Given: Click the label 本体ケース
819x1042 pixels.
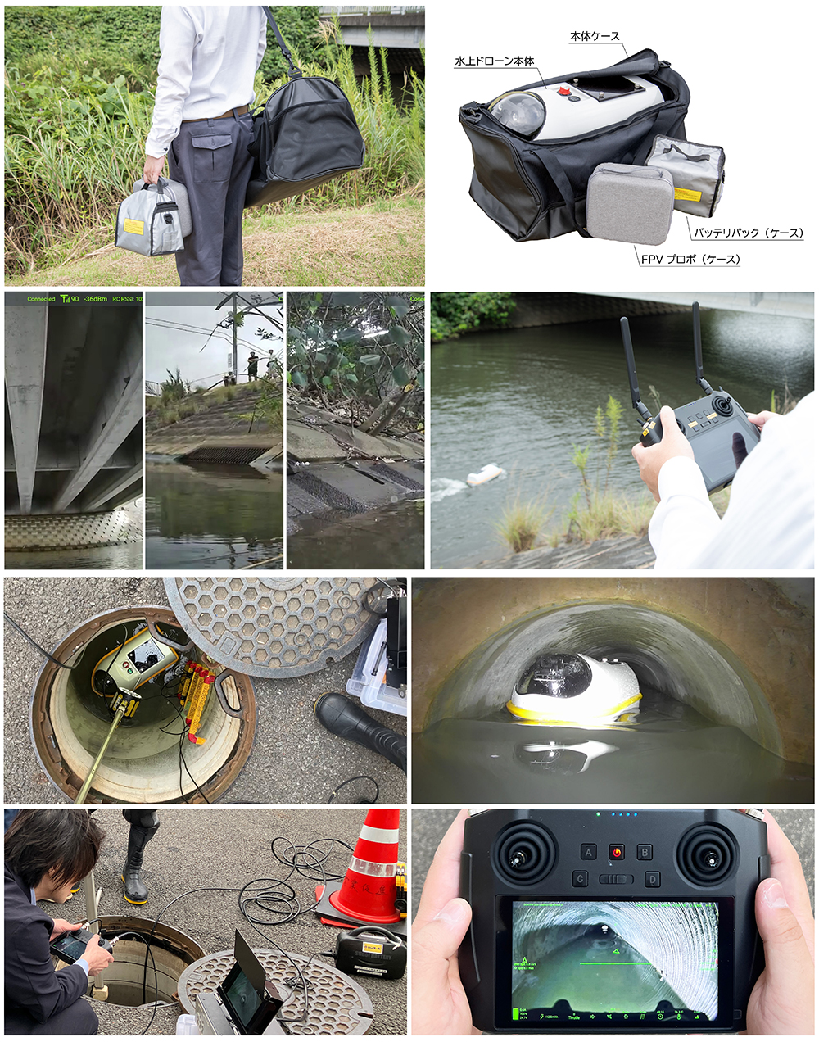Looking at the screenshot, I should click(x=595, y=37).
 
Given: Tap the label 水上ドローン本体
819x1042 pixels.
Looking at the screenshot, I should click(x=494, y=61).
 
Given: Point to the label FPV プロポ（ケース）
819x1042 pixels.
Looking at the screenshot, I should click(x=690, y=260).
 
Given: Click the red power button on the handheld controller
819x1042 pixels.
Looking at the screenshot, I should click(x=616, y=852).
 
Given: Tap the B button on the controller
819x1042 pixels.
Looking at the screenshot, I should click(x=645, y=852).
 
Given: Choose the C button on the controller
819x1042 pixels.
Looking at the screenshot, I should click(x=581, y=879).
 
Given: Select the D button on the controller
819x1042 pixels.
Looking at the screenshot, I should click(x=652, y=879).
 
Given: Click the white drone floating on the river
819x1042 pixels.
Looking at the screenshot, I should click(x=484, y=475).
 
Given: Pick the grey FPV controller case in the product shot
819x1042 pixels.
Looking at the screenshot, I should click(x=631, y=203).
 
